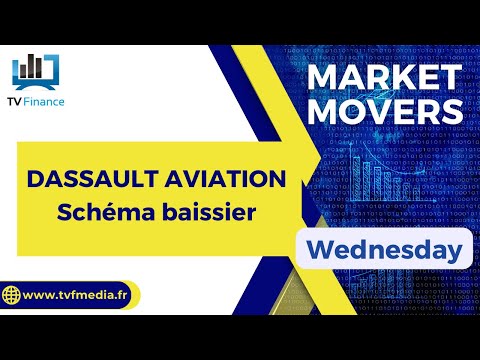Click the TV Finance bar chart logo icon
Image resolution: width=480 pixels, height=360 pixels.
click(x=36, y=67)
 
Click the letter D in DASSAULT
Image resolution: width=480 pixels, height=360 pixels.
click(x=34, y=180)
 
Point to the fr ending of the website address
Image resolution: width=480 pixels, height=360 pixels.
click(x=129, y=297)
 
